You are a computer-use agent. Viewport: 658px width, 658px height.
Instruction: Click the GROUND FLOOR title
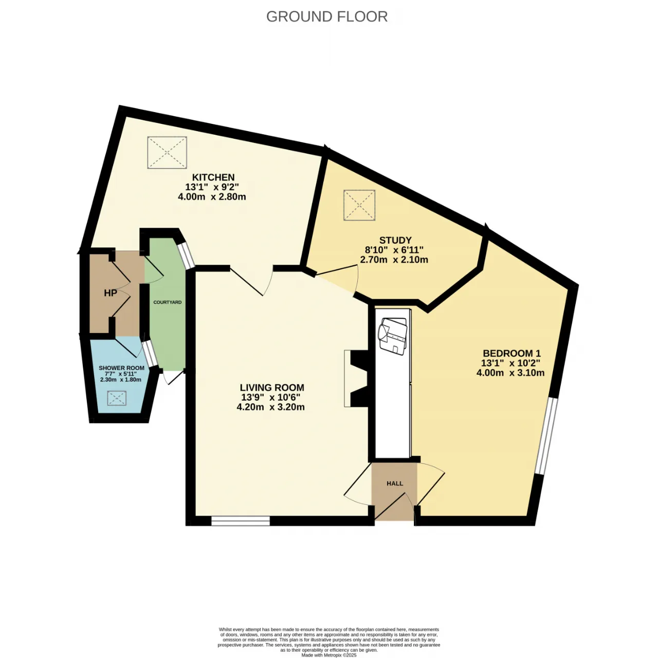327,16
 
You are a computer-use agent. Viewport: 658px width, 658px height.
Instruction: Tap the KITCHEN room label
213,177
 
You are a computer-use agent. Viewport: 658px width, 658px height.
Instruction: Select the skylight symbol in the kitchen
167,152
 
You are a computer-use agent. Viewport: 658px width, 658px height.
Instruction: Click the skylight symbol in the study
359,205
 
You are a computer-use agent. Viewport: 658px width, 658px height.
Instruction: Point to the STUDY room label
395,240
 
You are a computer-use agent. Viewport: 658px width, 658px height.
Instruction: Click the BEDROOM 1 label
511,353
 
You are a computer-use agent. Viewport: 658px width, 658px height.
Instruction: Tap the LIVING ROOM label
272,388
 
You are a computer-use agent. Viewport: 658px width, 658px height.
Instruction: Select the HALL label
395,484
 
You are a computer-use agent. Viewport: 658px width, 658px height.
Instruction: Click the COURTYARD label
167,302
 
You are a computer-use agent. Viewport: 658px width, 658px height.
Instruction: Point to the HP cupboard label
111,293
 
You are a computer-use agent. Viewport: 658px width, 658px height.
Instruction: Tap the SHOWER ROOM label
121,368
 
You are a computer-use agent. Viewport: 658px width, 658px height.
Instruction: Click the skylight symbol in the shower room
117,398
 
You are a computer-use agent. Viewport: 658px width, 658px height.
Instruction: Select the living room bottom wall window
241,521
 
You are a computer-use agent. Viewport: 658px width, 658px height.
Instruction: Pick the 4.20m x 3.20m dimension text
270,407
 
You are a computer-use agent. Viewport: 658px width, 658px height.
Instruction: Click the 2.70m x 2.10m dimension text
394,260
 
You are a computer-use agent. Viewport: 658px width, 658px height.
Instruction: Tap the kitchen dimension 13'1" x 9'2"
212,187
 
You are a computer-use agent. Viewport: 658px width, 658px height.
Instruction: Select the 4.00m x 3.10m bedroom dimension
510,373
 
